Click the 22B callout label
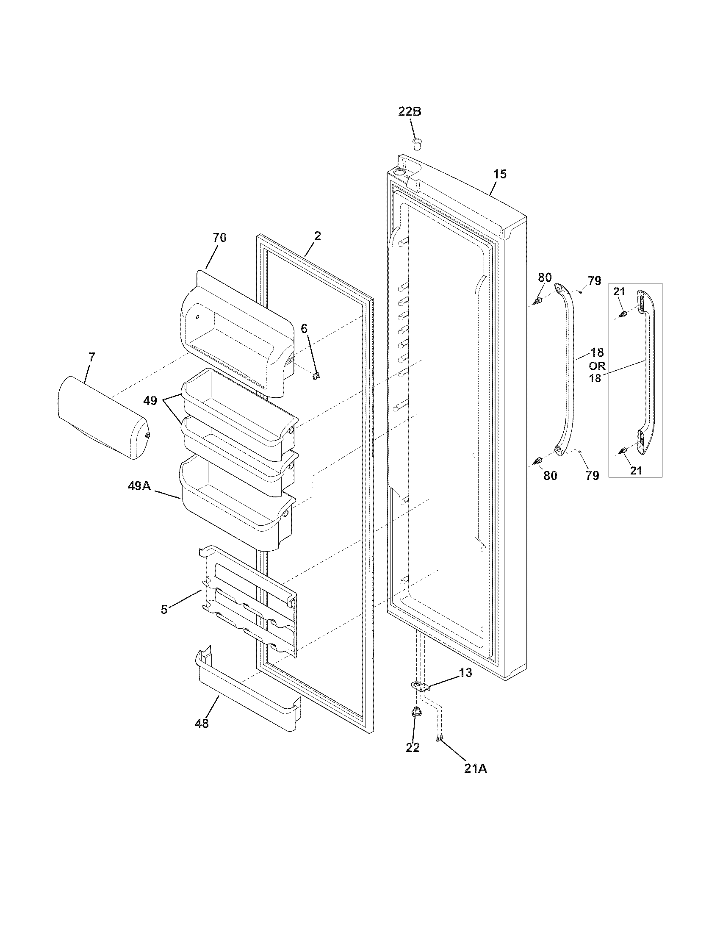click(410, 111)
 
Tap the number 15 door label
click(500, 174)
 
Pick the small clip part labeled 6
click(316, 376)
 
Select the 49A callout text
click(139, 485)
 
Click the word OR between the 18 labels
click(597, 366)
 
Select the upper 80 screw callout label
click(545, 277)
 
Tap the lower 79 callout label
click(592, 475)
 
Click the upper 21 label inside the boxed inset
click(619, 291)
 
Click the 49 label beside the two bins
click(150, 401)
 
